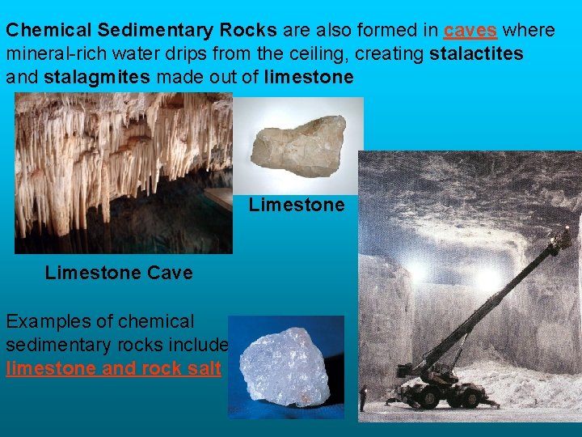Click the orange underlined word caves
tap(470, 31)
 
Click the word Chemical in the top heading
tap(49, 31)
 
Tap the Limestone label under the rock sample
tap(297, 205)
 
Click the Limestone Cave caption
tap(119, 273)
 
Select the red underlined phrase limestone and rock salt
tap(113, 368)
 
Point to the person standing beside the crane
tap(365, 397)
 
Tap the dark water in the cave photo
tap(121, 235)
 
